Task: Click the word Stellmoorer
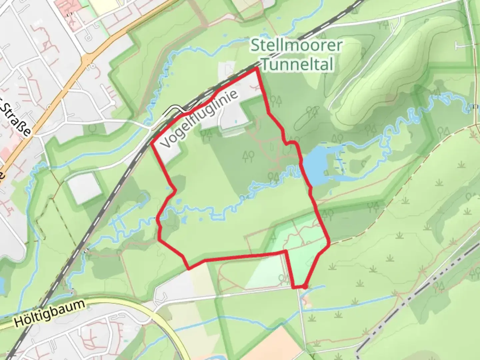[x=296, y=45]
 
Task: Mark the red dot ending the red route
[x=305, y=286]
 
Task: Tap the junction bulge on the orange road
[x=87, y=60]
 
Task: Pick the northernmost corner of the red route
[x=256, y=69]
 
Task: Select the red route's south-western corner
[x=188, y=268]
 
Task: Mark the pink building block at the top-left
[x=69, y=10]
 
